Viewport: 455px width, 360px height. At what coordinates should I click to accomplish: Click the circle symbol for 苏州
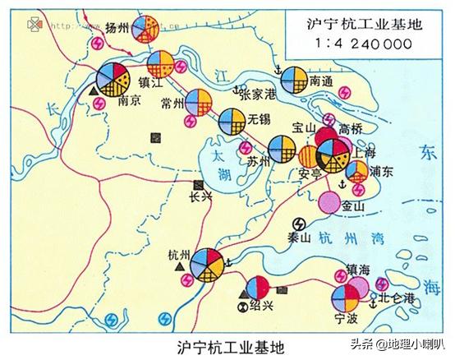pyautogui.click(x=282, y=149)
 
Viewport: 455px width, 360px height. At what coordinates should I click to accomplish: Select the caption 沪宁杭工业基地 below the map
pyautogui.click(x=232, y=346)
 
